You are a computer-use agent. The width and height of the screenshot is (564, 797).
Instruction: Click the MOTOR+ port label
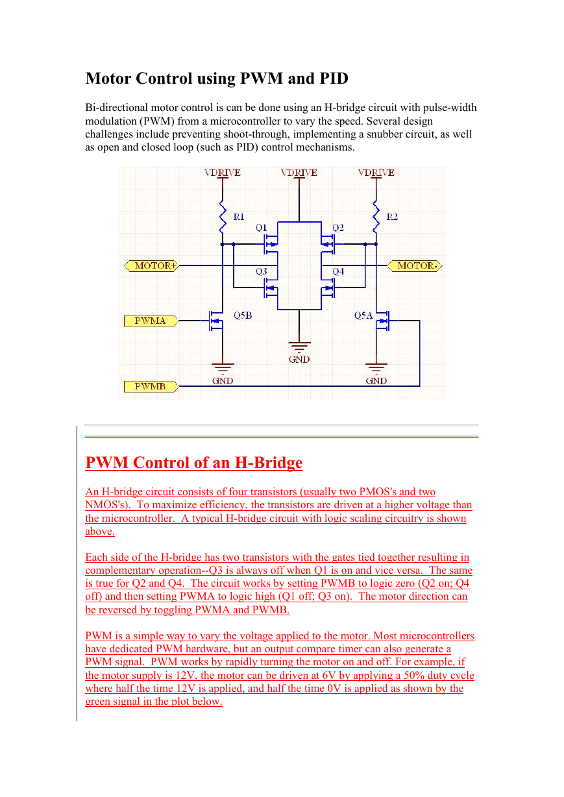[151, 266]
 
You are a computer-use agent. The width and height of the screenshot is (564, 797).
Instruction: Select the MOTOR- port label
[415, 266]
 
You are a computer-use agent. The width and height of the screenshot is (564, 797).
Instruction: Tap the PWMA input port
[151, 321]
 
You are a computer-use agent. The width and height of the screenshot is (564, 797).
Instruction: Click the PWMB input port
[151, 386]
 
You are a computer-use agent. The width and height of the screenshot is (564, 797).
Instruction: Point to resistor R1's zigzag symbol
[223, 216]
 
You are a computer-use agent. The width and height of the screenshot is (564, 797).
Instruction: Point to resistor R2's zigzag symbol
[376, 216]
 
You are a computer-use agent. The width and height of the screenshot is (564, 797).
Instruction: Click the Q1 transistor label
[261, 228]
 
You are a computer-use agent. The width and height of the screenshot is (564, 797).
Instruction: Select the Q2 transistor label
[338, 228]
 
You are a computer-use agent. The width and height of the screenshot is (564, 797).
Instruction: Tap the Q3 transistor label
[261, 271]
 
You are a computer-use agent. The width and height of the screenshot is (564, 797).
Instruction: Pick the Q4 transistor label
[338, 271]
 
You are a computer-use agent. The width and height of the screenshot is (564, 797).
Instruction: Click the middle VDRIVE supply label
[299, 173]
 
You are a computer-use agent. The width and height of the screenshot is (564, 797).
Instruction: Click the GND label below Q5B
[223, 381]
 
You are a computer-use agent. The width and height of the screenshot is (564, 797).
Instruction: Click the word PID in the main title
[334, 79]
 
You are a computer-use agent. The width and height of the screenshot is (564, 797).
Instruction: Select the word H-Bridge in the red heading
[269, 463]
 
